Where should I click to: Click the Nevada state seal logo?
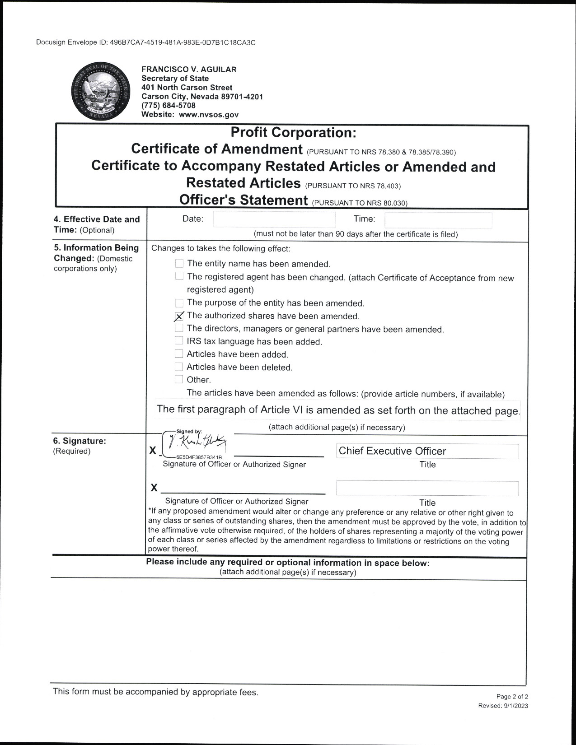(100, 92)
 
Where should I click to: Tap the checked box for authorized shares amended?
(179, 316)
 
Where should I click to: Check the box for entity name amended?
(179, 263)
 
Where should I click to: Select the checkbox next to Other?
(179, 379)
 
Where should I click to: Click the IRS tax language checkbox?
(179, 341)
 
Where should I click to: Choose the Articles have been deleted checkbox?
(179, 367)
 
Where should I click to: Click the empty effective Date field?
(274, 219)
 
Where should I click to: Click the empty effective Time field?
(438, 220)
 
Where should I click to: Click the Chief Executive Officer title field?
(427, 451)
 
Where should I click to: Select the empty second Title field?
(427, 489)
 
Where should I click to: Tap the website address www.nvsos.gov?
(209, 115)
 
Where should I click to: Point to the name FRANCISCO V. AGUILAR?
(189, 70)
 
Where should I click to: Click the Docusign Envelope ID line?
(146, 42)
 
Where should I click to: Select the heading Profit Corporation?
(293, 133)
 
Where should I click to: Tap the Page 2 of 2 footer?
(512, 697)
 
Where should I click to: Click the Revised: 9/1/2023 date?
(503, 706)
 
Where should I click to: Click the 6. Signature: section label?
(80, 441)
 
